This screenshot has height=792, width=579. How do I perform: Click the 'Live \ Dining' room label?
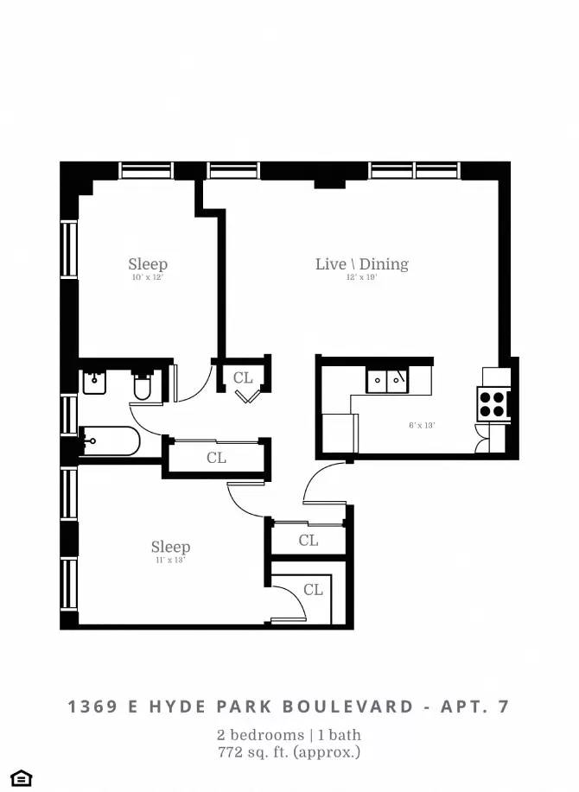pos(361,264)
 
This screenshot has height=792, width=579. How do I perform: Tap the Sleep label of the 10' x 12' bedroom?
pos(148,264)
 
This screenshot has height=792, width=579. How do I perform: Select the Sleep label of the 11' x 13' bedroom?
pos(170,547)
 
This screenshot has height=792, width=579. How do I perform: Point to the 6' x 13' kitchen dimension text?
pos(422,425)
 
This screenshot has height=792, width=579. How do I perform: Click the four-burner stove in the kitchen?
pos(493,403)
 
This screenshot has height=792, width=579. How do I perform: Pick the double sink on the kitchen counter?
pos(386,379)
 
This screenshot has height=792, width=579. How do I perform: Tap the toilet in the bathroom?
pos(143,388)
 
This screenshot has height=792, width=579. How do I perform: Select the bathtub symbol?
pos(109,442)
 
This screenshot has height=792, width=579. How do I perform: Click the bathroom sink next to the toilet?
pos(94,381)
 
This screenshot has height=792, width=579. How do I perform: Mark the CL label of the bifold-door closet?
pos(243,377)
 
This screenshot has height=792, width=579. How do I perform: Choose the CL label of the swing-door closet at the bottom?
pos(313,590)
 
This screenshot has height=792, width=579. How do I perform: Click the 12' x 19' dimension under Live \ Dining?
pos(361,278)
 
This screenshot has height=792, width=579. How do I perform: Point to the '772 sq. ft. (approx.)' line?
pos(289,752)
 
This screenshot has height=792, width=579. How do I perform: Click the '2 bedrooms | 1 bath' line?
pos(289,735)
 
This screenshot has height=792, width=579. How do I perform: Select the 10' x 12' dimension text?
pos(148,278)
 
